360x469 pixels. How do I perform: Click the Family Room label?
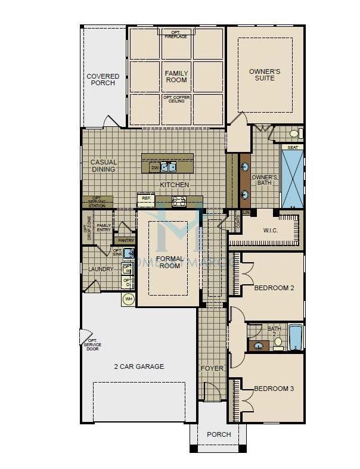176,76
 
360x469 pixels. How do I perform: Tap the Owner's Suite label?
265,76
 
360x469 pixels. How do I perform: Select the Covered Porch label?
103,80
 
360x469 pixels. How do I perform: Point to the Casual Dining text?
103,166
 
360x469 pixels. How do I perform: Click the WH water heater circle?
128,299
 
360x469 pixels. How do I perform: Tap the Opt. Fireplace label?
176,34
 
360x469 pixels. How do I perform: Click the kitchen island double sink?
168,167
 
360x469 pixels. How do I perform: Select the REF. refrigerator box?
146,199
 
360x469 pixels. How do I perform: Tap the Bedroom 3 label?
274,389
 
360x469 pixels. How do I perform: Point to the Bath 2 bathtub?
296,338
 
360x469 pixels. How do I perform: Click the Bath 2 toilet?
278,343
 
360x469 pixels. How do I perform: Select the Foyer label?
212,368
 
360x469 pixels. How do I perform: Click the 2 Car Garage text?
139,366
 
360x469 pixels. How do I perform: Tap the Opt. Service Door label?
92,341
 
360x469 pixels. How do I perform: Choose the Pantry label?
126,240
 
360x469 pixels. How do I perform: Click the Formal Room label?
168,263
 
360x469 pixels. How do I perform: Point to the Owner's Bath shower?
292,178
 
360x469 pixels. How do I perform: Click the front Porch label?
219,434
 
